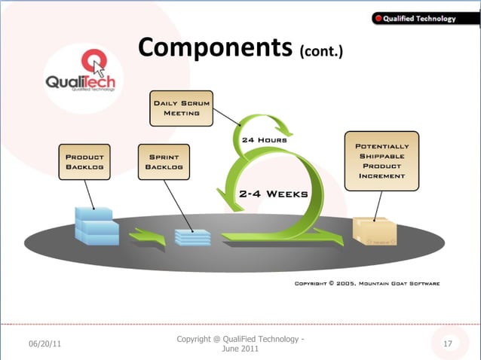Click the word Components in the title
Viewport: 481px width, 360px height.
click(214, 47)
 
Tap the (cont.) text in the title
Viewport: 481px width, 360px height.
click(321, 52)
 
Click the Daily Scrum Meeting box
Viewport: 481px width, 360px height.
click(181, 108)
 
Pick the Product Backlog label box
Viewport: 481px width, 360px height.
click(84, 161)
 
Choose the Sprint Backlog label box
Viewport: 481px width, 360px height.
click(164, 161)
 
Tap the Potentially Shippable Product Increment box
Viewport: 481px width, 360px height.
click(381, 160)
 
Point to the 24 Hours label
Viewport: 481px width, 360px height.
click(264, 139)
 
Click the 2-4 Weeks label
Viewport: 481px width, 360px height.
click(273, 194)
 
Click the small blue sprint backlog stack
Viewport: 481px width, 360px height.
click(192, 235)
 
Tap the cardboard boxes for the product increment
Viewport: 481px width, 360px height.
click(375, 231)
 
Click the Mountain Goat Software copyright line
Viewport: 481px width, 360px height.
click(367, 284)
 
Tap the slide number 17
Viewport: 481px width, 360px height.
click(447, 343)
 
